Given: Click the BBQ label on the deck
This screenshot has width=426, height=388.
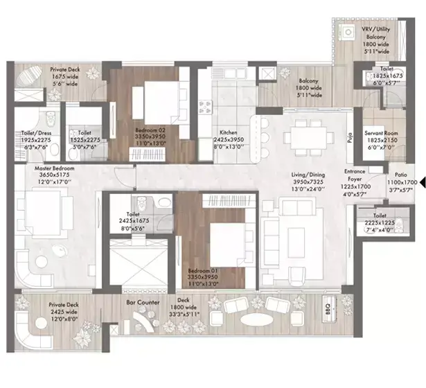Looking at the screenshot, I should (x=327, y=306).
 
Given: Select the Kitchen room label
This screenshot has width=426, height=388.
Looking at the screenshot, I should (x=229, y=132).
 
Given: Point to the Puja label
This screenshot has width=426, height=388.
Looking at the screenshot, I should (x=350, y=137).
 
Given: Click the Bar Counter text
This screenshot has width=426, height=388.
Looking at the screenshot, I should (x=143, y=303).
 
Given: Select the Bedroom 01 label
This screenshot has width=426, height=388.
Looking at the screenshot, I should (x=204, y=271).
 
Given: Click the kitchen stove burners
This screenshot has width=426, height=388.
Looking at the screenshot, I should (x=205, y=107).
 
